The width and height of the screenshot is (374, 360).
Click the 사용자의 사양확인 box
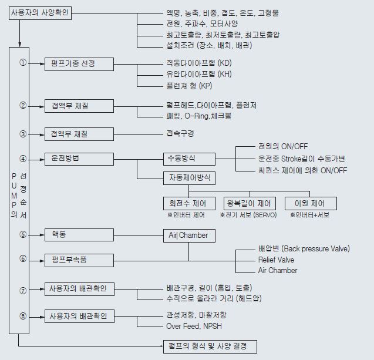40,13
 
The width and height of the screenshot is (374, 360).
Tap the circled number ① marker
23,63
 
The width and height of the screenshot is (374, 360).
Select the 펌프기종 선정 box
79,64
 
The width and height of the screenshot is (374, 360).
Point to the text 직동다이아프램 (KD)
199,63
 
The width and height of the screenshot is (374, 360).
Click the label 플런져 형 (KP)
189,86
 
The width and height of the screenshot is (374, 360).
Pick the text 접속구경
180,133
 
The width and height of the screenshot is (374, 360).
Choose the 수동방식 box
189,159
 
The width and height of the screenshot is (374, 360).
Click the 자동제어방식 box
189,178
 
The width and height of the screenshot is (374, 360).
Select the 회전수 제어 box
189,204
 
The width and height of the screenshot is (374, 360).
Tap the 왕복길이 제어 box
250,204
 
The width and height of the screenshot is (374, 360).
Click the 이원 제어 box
311,204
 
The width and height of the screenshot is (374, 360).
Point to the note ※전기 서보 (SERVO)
248,215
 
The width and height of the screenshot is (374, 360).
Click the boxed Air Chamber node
189,235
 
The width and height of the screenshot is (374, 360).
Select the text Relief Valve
276,260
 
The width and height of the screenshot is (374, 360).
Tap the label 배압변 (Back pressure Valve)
304,248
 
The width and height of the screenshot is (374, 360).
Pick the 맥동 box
79,235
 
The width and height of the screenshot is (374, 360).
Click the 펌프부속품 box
79,260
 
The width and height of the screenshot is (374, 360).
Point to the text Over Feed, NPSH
194,326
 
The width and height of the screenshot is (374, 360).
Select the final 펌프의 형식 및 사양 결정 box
210,346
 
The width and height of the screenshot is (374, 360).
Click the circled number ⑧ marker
23,316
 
